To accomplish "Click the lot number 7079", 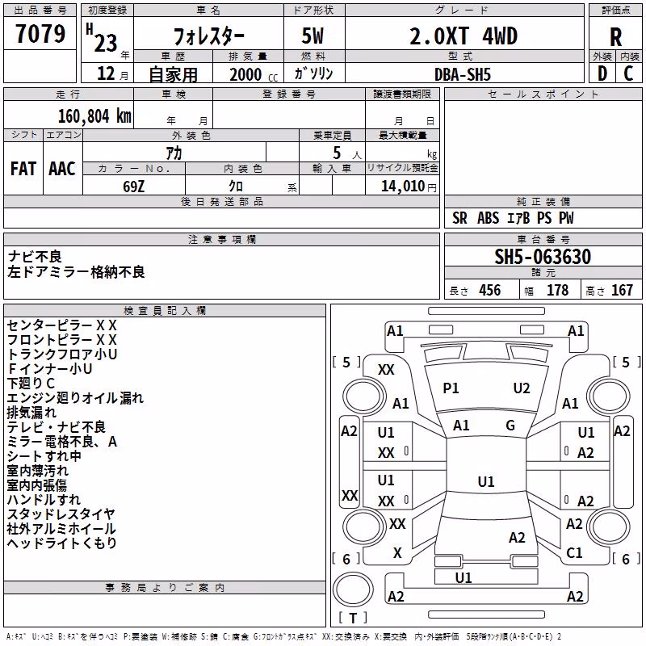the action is pos(40,33).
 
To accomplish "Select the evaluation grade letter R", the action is pos(615,37).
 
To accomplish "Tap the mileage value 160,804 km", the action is pos(94,116).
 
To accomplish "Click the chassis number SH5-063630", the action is pos(543,257).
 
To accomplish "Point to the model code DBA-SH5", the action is pos(463,74).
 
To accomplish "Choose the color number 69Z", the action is pos(133,187).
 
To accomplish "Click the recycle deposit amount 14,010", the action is pos(402,187).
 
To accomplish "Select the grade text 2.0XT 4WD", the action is pos(464,36).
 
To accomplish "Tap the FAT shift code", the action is pos(23,169).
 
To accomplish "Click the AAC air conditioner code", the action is pos(62,169).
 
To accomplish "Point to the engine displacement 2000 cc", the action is pos(254,74).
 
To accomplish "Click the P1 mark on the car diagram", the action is pos(451,388).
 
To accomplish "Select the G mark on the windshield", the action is pos(510,425).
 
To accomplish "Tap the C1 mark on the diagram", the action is pos(574,552).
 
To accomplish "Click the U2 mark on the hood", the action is pos(522,388).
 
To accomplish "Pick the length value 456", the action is pos(490,290).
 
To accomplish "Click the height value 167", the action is pos(622,290).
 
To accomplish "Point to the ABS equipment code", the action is pos(489,218).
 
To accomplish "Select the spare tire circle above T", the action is pos(353,589).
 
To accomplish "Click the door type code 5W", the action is pos(313,36).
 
